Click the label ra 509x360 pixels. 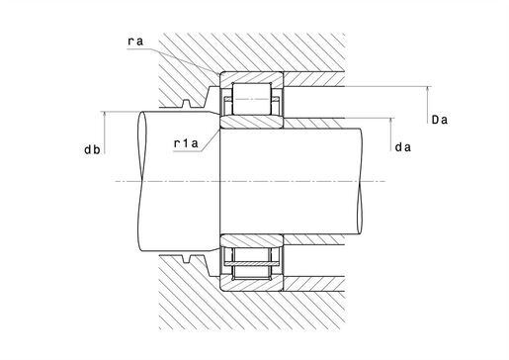click(135, 42)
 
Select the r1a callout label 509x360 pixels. click(186, 143)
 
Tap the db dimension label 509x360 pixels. click(92, 150)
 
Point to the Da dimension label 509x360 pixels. click(440, 120)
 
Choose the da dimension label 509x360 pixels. click(402, 147)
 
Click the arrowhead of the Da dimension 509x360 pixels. click(428, 89)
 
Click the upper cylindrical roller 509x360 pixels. click(252, 99)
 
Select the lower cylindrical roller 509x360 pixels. click(252, 264)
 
